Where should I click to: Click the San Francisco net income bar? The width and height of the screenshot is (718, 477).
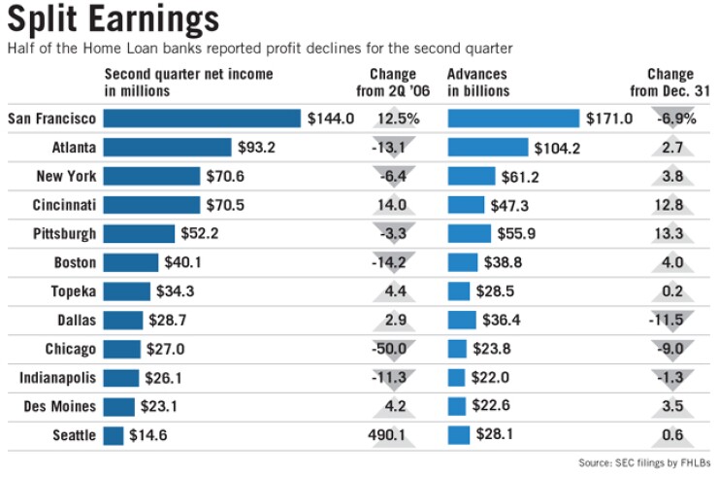tap(201, 119)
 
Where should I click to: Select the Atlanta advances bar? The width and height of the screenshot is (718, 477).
tap(488, 148)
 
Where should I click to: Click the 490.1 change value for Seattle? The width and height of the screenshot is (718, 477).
tap(394, 435)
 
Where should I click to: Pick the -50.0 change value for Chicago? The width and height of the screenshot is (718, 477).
tap(394, 349)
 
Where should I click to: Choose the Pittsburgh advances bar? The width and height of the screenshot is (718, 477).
tap(470, 234)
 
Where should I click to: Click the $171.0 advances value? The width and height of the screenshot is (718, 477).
tap(609, 119)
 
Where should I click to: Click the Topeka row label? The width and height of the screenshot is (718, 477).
tap(73, 291)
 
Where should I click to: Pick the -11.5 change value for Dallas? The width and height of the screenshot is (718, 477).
tap(670, 320)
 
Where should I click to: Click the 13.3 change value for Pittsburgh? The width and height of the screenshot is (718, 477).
tap(670, 234)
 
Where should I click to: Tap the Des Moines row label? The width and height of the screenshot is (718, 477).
tap(60, 406)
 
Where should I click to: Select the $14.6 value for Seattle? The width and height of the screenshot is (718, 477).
tap(148, 435)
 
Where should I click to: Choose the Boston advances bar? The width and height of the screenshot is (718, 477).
tap(463, 262)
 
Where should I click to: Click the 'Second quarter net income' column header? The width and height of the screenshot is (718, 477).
tap(188, 83)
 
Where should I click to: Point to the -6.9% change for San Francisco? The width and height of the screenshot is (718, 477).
tap(670, 119)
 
